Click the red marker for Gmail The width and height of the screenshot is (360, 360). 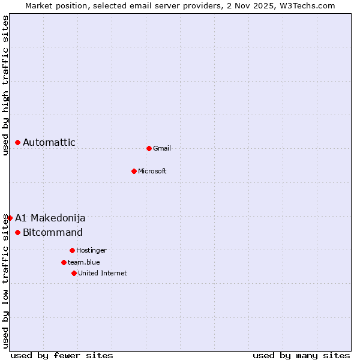pyautogui.click(x=149, y=148)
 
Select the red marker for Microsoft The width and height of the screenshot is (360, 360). pyautogui.click(x=134, y=171)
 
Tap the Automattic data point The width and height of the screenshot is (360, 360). pyautogui.click(x=18, y=142)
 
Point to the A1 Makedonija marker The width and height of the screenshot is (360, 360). pyautogui.click(x=10, y=218)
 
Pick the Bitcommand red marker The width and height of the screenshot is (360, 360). pyautogui.click(x=18, y=232)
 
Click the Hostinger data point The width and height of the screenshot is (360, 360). pyautogui.click(x=72, y=250)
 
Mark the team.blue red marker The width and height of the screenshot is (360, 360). pyautogui.click(x=64, y=262)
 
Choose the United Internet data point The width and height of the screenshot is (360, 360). pyautogui.click(x=74, y=273)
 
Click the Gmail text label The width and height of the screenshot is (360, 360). pyautogui.click(x=162, y=148)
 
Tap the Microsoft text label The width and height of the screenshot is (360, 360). pyautogui.click(x=152, y=171)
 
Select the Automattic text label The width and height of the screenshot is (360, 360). pyautogui.click(x=49, y=142)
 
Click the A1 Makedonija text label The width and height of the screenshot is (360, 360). pyautogui.click(x=50, y=218)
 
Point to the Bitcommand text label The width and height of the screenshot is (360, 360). pyautogui.click(x=53, y=232)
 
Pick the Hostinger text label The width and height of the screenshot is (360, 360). pyautogui.click(x=91, y=250)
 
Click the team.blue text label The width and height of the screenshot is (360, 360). pyautogui.click(x=84, y=262)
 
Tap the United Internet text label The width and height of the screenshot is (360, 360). pyautogui.click(x=103, y=273)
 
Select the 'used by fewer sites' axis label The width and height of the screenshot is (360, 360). pyautogui.click(x=62, y=355)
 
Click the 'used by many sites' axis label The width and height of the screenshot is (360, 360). pyautogui.click(x=301, y=355)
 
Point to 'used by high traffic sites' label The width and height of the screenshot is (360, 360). pyautogui.click(x=6, y=85)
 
